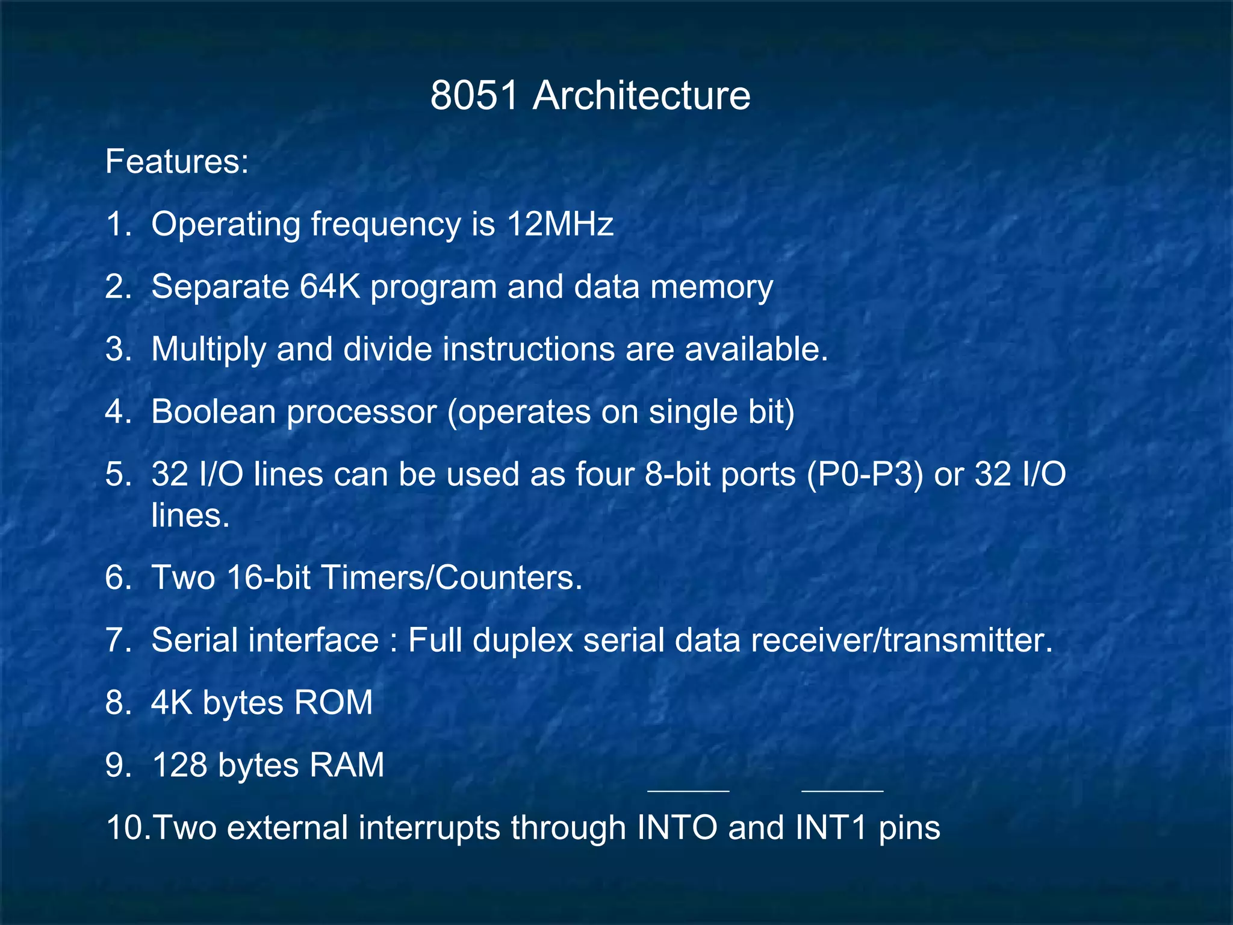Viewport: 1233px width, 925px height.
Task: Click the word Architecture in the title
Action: point(641,96)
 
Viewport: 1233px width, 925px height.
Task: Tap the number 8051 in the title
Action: point(474,96)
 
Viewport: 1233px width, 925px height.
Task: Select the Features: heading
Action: point(177,161)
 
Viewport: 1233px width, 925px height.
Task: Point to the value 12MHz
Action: point(560,224)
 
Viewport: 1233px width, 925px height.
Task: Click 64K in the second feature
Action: point(330,287)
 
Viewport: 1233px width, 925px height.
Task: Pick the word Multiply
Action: point(208,349)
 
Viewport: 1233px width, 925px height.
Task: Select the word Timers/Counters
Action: point(452,578)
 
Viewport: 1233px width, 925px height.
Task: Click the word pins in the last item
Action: point(909,828)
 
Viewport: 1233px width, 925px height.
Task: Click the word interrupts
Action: point(429,828)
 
